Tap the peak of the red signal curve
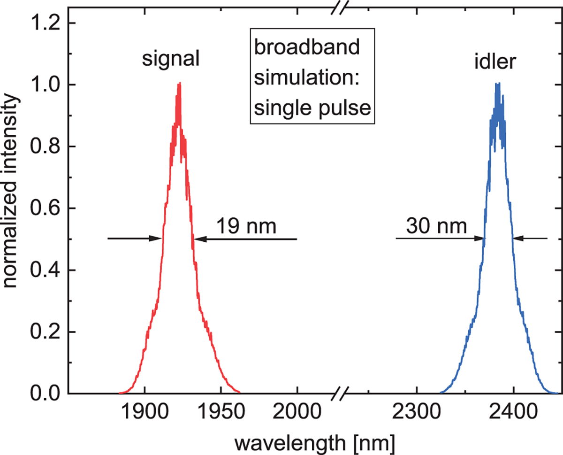[x=178, y=84]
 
